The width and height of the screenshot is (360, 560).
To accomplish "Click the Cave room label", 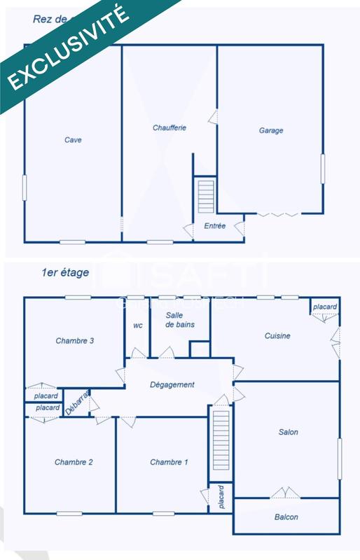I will [x=73, y=140].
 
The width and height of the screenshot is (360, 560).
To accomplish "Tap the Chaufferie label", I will [x=169, y=128].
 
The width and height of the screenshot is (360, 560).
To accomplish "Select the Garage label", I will [x=271, y=131].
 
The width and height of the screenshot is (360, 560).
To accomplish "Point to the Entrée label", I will [x=215, y=226].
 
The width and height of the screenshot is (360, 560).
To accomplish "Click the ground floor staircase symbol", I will [x=205, y=197].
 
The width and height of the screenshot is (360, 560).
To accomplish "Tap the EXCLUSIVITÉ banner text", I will [x=68, y=48].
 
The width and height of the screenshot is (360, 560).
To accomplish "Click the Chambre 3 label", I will [x=75, y=341].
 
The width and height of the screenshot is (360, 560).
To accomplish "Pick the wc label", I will [x=138, y=325].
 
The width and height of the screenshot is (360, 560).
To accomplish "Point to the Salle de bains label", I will [x=180, y=320].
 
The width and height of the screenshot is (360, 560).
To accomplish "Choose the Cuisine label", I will [x=277, y=336].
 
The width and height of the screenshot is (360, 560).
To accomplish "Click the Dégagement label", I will [x=172, y=385].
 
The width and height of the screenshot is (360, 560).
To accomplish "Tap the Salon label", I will [x=288, y=432].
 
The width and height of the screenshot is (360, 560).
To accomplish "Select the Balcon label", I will [x=286, y=517].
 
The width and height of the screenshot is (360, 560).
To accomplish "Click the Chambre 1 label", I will [x=169, y=462].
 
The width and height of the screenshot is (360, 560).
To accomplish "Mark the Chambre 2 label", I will [x=74, y=462].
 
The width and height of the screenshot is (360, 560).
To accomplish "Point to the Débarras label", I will [x=77, y=404].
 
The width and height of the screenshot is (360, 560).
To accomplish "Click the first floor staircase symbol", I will [x=221, y=441].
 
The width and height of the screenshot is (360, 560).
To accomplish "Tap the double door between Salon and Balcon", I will [x=286, y=493].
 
